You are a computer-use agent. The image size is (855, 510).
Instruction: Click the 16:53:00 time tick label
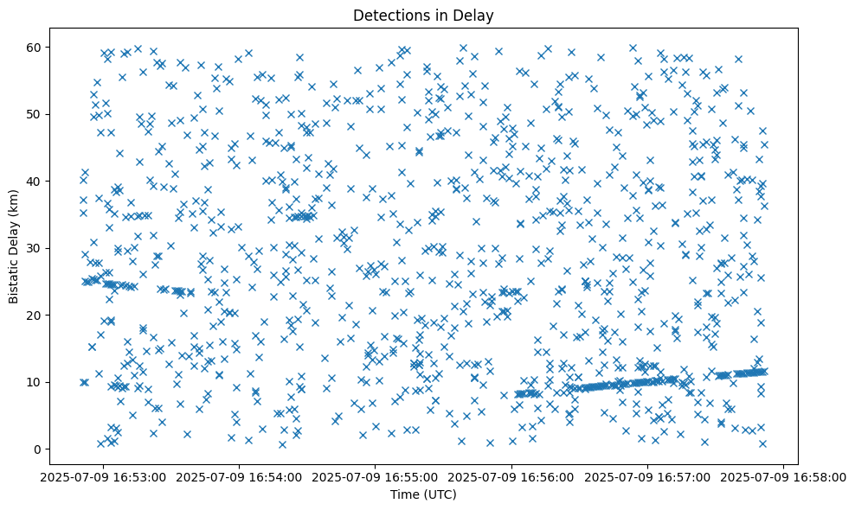tap(103, 476)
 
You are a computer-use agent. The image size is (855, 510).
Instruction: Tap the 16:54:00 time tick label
tap(240, 476)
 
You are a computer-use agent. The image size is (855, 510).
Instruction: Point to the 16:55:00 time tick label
tap(376, 476)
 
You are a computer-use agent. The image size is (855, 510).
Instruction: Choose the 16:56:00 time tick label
tap(512, 476)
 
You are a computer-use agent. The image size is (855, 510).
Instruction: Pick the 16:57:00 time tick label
tap(648, 476)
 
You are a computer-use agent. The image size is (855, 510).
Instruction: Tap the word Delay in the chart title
tap(472, 15)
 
